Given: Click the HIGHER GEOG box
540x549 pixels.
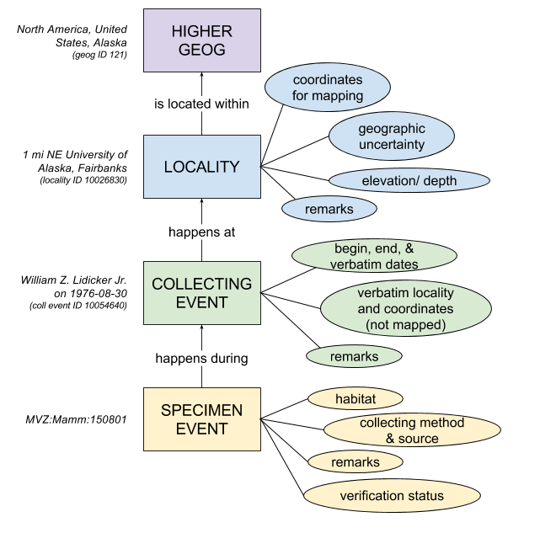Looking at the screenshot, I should (x=201, y=40).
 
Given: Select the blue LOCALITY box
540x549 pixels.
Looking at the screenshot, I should (x=201, y=167).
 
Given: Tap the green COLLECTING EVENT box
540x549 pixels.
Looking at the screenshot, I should (x=201, y=293).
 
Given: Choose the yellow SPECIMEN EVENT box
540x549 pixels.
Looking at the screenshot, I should (x=201, y=419).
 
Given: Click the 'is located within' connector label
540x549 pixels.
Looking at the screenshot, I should (x=201, y=104).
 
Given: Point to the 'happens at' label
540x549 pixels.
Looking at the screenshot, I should (x=201, y=231).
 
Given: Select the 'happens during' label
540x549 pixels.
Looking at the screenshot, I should (x=201, y=358).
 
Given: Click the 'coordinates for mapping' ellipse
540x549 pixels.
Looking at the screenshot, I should (x=328, y=88).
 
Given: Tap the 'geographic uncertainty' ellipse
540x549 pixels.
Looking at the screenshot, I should (x=391, y=137).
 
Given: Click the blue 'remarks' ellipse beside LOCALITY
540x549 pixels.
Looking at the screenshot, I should (x=329, y=207).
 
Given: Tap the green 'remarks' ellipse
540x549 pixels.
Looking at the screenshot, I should (x=353, y=356).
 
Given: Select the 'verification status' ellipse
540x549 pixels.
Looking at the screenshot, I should (x=392, y=496).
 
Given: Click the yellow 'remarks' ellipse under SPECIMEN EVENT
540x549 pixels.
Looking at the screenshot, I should (x=355, y=461).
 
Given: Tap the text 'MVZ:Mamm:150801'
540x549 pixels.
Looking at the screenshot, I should (x=76, y=419).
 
